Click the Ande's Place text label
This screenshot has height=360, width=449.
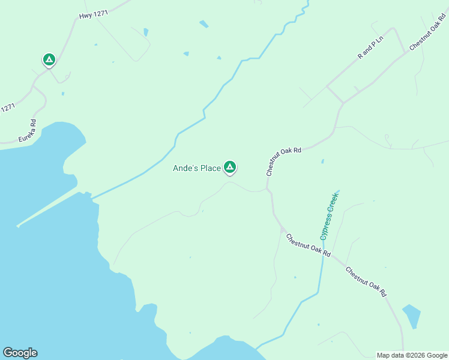(197, 169)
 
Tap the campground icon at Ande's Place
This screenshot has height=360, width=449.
(229, 167)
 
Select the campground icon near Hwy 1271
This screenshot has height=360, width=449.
(49, 59)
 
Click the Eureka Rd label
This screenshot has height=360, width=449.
(28, 131)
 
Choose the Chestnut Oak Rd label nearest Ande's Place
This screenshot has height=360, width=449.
(283, 160)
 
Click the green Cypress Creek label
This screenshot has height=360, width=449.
(330, 216)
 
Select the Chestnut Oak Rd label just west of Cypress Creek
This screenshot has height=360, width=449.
(309, 245)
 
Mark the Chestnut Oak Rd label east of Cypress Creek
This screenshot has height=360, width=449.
(366, 281)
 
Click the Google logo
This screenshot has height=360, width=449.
(20, 353)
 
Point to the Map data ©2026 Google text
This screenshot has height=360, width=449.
(412, 355)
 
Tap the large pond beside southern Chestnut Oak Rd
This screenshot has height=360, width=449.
(411, 316)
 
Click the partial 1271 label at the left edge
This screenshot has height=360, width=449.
(7, 108)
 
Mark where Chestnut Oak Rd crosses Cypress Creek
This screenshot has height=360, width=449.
(323, 253)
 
